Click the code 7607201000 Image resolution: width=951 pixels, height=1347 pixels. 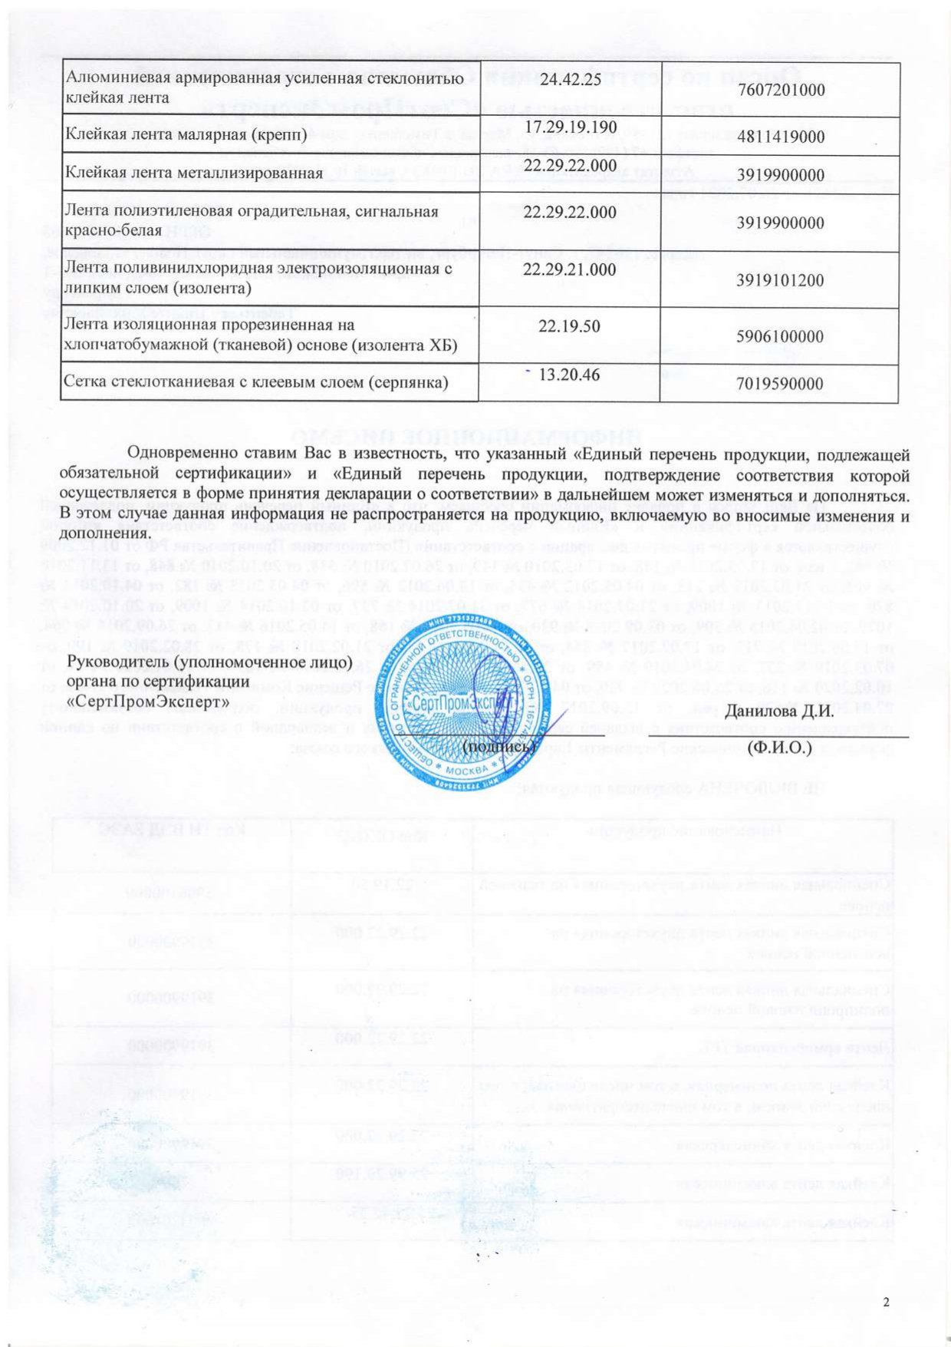pyautogui.click(x=781, y=90)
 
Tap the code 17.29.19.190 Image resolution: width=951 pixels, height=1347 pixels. pyautogui.click(x=571, y=127)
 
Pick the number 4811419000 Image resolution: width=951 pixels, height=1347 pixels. pyautogui.click(x=781, y=137)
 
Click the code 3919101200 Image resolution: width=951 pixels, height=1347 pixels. pyautogui.click(x=781, y=280)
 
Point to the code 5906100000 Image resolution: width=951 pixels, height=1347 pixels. pyautogui.click(x=781, y=337)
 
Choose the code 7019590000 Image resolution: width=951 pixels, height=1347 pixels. pyautogui.click(x=781, y=384)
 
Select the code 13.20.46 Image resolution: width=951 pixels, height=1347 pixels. pyautogui.click(x=569, y=375)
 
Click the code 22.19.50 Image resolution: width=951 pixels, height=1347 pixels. pyautogui.click(x=569, y=326)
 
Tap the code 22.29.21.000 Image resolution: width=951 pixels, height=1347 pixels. pyautogui.click(x=569, y=269)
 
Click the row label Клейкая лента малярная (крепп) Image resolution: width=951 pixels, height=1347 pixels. pyautogui.click(x=186, y=135)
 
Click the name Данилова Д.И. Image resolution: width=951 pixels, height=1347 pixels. pyautogui.click(x=779, y=710)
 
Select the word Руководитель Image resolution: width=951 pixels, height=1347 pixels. pyautogui.click(x=117, y=661)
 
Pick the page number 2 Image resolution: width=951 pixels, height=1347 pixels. pyautogui.click(x=887, y=1302)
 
